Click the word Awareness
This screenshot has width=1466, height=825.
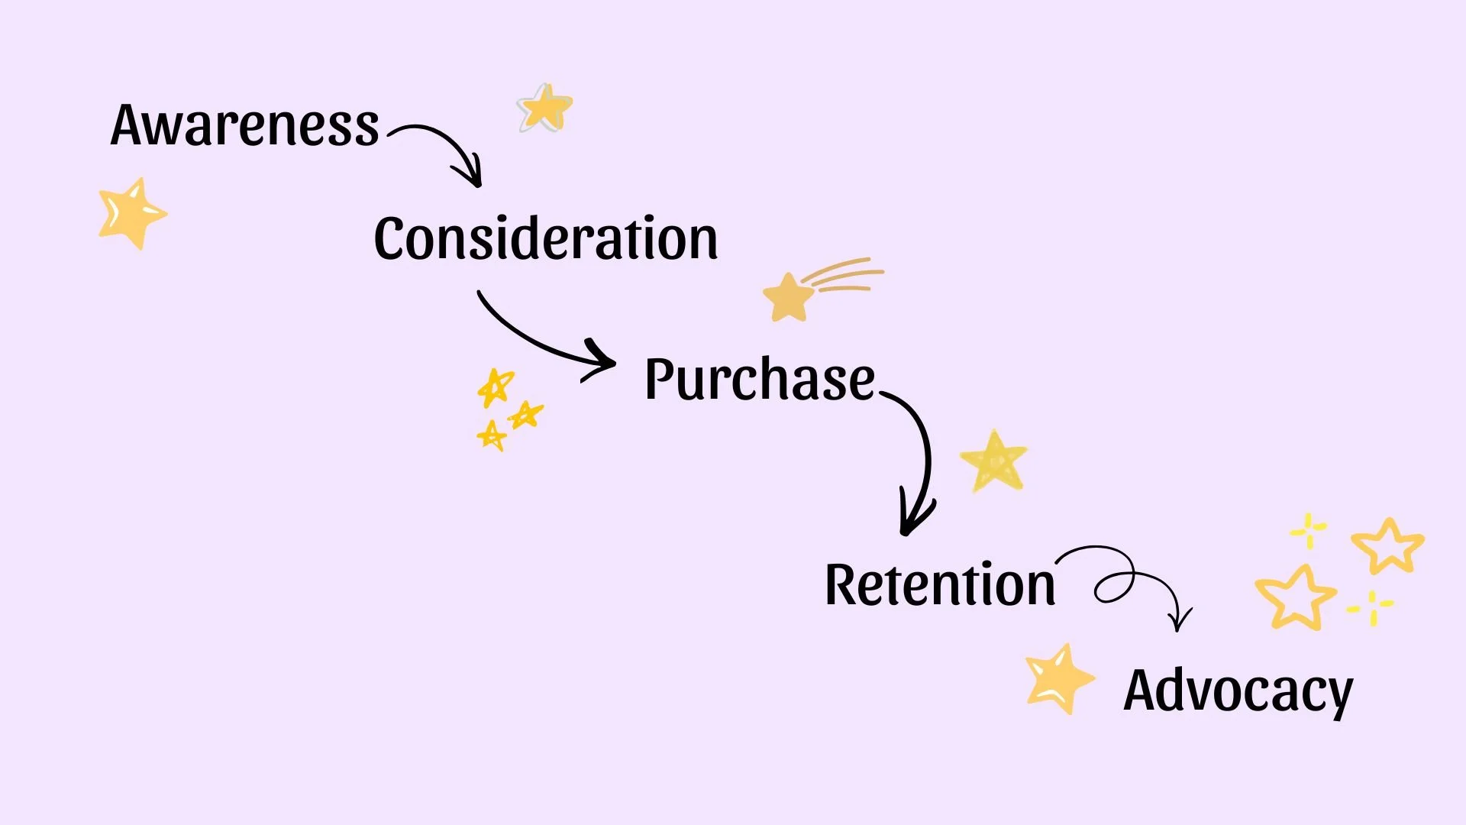244,125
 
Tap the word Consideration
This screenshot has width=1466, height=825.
545,238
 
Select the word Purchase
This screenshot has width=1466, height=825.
759,379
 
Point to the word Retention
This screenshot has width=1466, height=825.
940,585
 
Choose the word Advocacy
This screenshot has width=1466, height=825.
1238,691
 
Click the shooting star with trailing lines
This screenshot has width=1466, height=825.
789,296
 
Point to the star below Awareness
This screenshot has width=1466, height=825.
131,213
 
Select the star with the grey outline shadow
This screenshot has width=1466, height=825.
545,108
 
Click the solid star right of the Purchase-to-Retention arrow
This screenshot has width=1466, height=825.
993,461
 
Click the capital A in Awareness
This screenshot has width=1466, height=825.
131,125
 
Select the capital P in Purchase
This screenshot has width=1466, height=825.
661,379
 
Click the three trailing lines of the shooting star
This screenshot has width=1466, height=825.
844,275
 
